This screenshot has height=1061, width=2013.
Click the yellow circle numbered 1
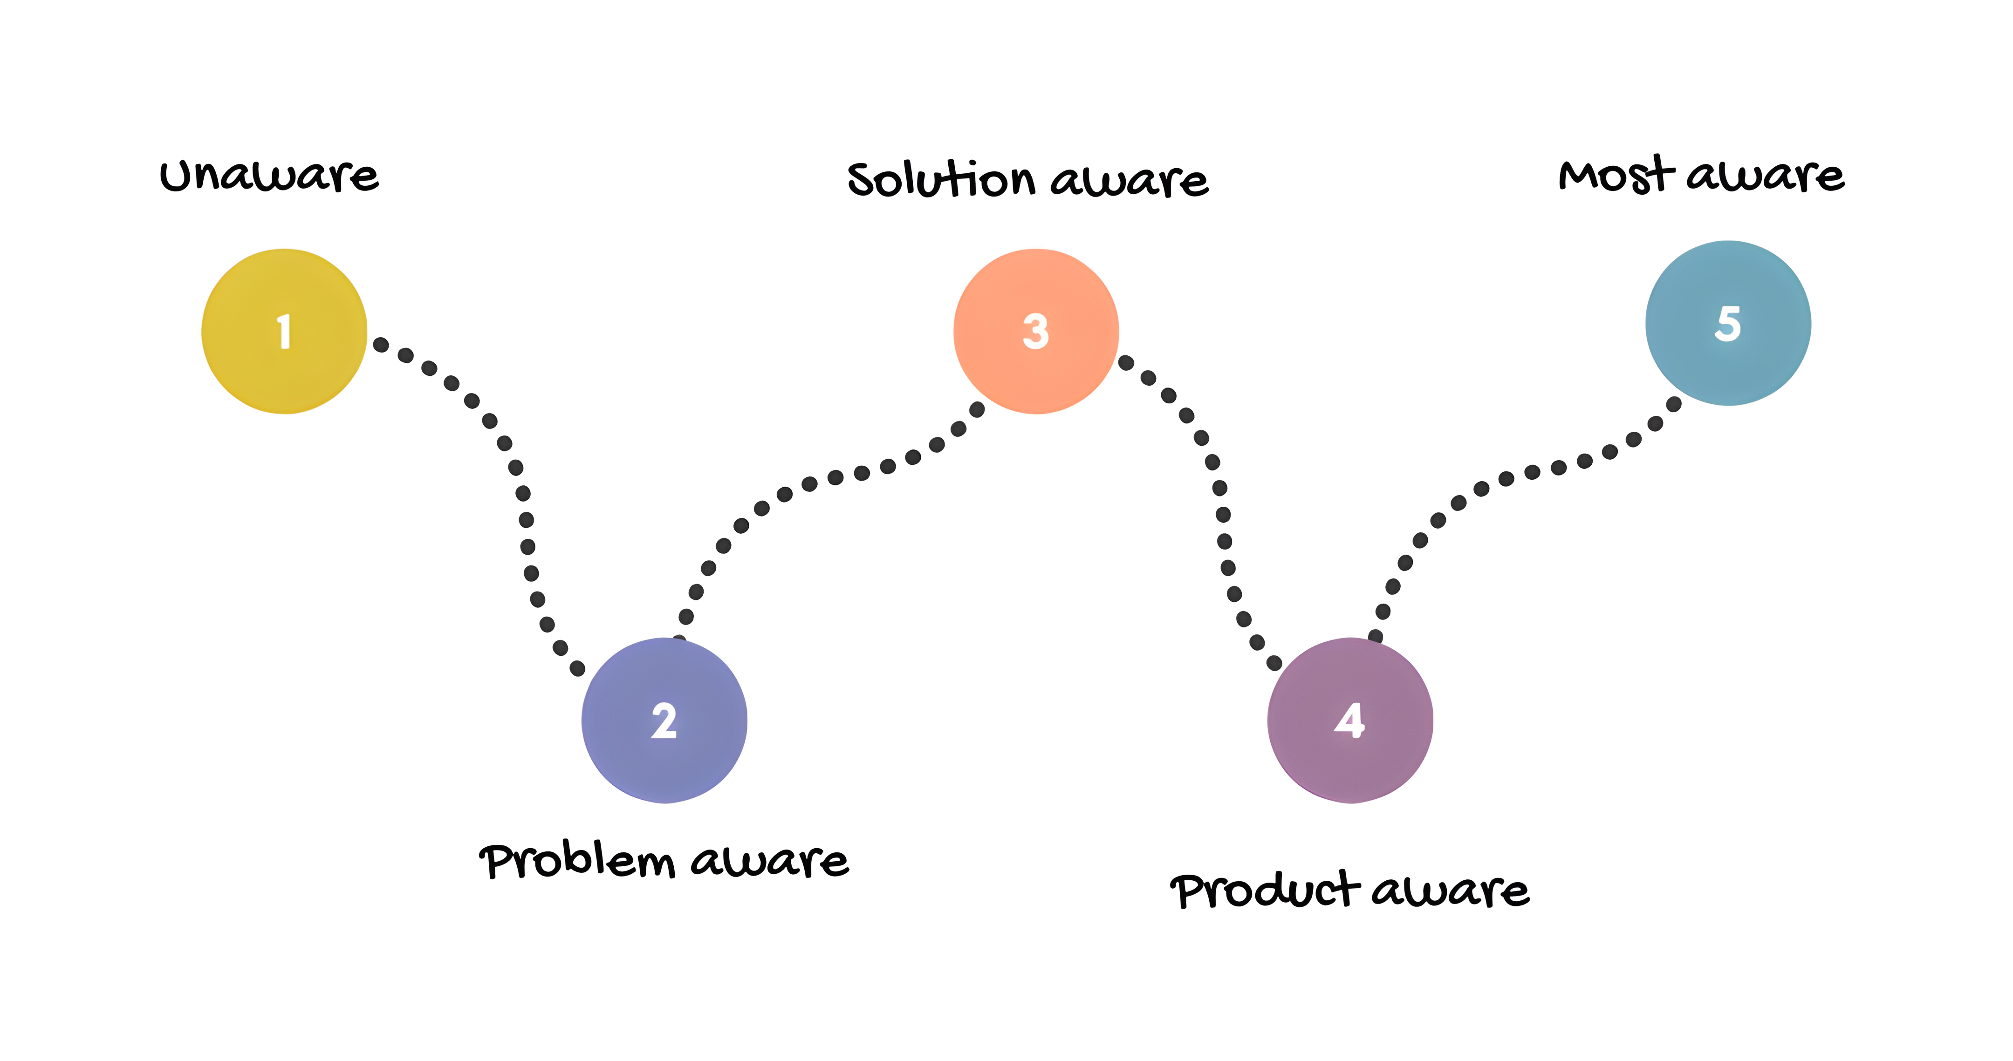284,331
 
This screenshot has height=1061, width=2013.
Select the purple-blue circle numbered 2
664,721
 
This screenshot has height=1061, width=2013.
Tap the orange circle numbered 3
1035,331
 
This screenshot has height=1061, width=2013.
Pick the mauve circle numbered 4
1349,721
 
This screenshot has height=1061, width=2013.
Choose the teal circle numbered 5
1728,323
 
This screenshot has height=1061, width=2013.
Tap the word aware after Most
1765,175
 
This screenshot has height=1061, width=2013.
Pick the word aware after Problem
770,862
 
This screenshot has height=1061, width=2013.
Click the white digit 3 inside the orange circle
1035,331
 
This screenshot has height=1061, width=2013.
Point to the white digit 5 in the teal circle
1728,323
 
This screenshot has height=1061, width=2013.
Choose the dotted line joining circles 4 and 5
1506,479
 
